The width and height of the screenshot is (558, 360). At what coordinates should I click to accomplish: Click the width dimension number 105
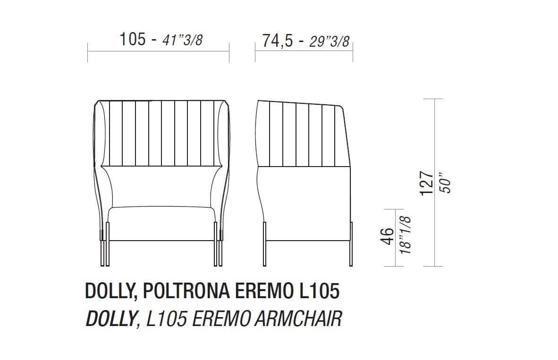click(133, 39)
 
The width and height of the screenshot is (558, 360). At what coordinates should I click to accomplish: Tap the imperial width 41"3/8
click(182, 40)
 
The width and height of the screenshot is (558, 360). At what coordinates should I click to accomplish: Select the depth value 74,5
click(278, 41)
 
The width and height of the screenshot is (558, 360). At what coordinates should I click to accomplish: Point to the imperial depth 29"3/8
click(329, 42)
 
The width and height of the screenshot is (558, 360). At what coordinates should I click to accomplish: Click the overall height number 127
click(426, 183)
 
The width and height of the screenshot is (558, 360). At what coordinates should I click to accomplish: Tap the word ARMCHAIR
click(298, 319)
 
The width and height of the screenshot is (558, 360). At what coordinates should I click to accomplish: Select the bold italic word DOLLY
click(110, 319)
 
